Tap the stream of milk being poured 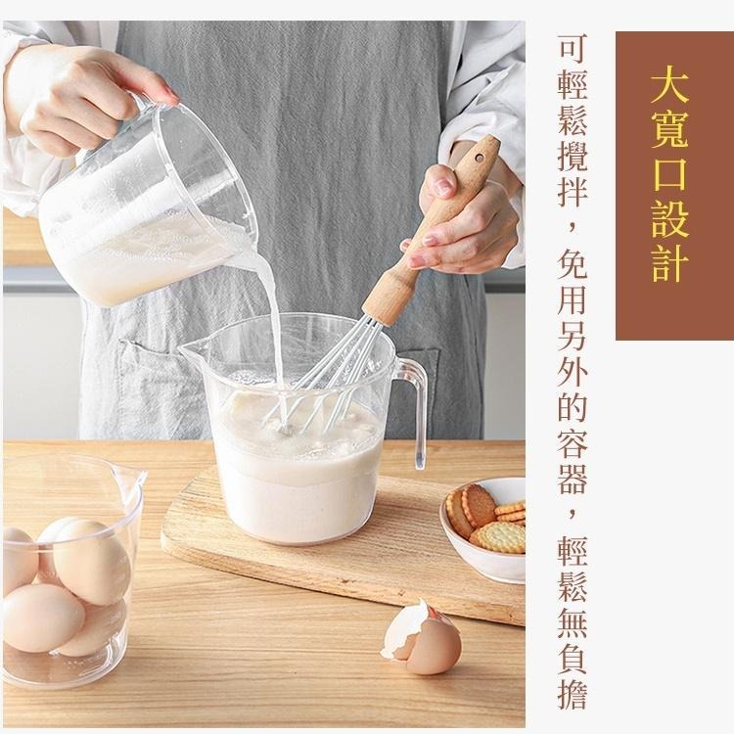point(271,323)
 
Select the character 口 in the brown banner point(669,174)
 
